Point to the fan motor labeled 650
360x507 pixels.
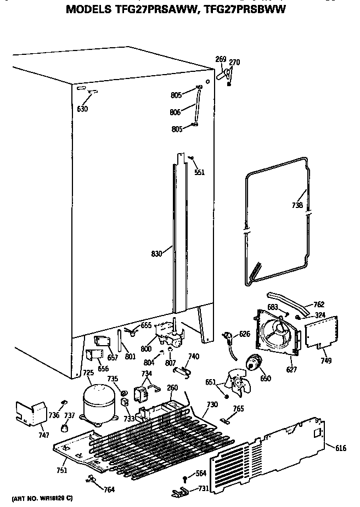coord(253,363)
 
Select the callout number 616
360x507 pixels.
coord(340,448)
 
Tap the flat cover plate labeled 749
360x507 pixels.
coord(319,331)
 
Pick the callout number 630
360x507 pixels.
coord(82,109)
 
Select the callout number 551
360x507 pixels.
coord(200,172)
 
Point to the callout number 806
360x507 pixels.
coord(175,112)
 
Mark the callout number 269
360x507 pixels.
coord(221,59)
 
